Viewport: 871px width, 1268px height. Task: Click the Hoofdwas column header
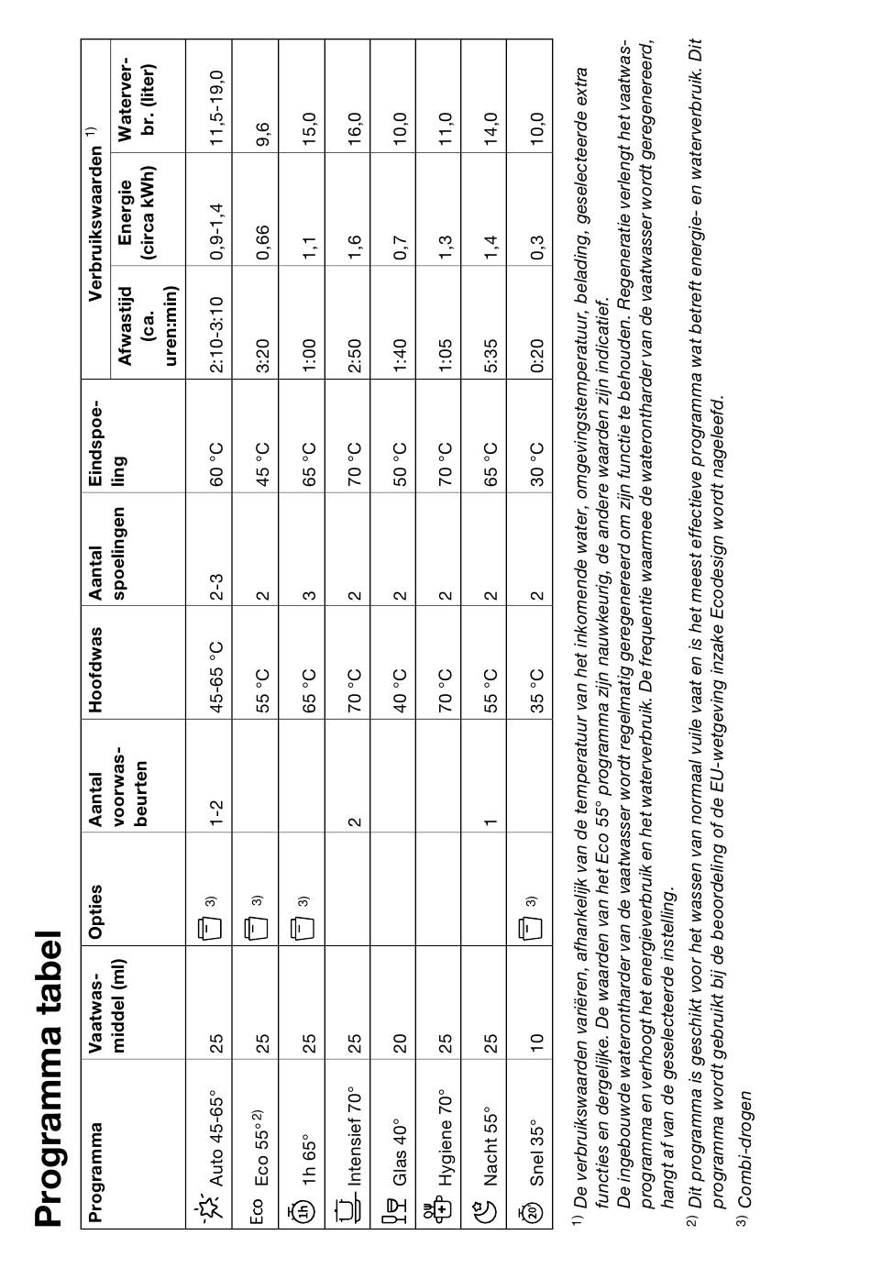pos(96,656)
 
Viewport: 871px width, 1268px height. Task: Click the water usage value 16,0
pos(354,125)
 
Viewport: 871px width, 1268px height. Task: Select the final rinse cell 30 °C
pos(536,464)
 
